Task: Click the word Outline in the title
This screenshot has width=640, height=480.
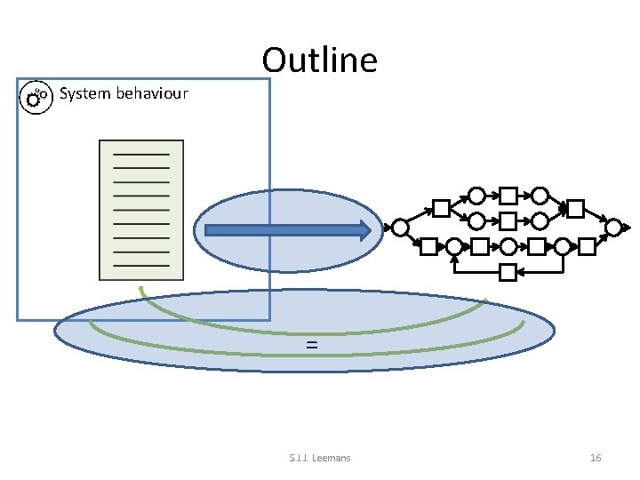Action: point(320,60)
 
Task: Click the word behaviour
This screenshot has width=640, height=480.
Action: point(151,93)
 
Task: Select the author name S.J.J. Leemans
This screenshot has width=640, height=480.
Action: point(320,458)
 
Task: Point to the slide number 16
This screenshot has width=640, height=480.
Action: point(596,458)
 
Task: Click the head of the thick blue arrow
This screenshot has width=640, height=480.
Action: point(364,231)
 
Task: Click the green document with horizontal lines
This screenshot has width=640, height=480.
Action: point(141,208)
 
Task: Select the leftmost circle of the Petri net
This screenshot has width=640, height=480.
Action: point(401,228)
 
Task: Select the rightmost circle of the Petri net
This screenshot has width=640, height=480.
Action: point(613,228)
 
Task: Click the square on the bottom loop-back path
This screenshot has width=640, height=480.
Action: point(508,272)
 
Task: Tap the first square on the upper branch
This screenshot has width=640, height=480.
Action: point(441,209)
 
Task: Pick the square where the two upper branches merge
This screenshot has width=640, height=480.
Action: point(575,209)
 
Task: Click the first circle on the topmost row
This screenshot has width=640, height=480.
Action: point(476,196)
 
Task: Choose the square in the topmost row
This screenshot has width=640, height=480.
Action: point(508,196)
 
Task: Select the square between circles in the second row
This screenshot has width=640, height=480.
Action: point(508,220)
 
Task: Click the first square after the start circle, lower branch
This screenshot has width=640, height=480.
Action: point(428,246)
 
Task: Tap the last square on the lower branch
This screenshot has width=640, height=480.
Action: point(588,246)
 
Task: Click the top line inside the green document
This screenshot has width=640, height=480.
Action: point(141,155)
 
